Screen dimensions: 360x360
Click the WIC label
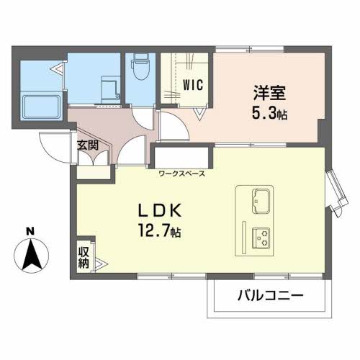pyautogui.click(x=193, y=84)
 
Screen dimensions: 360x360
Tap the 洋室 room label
pyautogui.click(x=269, y=93)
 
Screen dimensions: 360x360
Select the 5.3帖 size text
pyautogui.click(x=269, y=114)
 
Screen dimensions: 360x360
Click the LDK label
pyautogui.click(x=159, y=211)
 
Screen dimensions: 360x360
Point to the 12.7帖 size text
pyautogui.click(x=159, y=230)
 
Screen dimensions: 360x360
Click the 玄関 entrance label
pyautogui.click(x=88, y=145)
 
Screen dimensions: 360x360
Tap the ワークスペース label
pyautogui.click(x=182, y=174)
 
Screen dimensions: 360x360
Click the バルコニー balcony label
pyautogui.click(x=271, y=295)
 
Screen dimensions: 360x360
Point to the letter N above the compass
pyautogui.click(x=30, y=231)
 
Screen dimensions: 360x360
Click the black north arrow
pyautogui.click(x=32, y=254)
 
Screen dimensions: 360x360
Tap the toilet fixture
pyautogui.click(x=140, y=66)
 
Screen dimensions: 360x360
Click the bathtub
pyautogui.click(x=41, y=107)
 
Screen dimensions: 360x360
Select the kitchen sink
pyautogui.click(x=261, y=201)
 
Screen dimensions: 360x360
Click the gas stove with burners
pyautogui.click(x=261, y=238)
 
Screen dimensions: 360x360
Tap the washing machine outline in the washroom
pyautogui.click(x=111, y=89)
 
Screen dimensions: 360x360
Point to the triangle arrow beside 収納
pyautogui.click(x=102, y=264)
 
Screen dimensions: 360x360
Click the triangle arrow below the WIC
pyautogui.click(x=199, y=114)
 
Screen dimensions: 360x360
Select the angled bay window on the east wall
pyautogui.click(x=336, y=192)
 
